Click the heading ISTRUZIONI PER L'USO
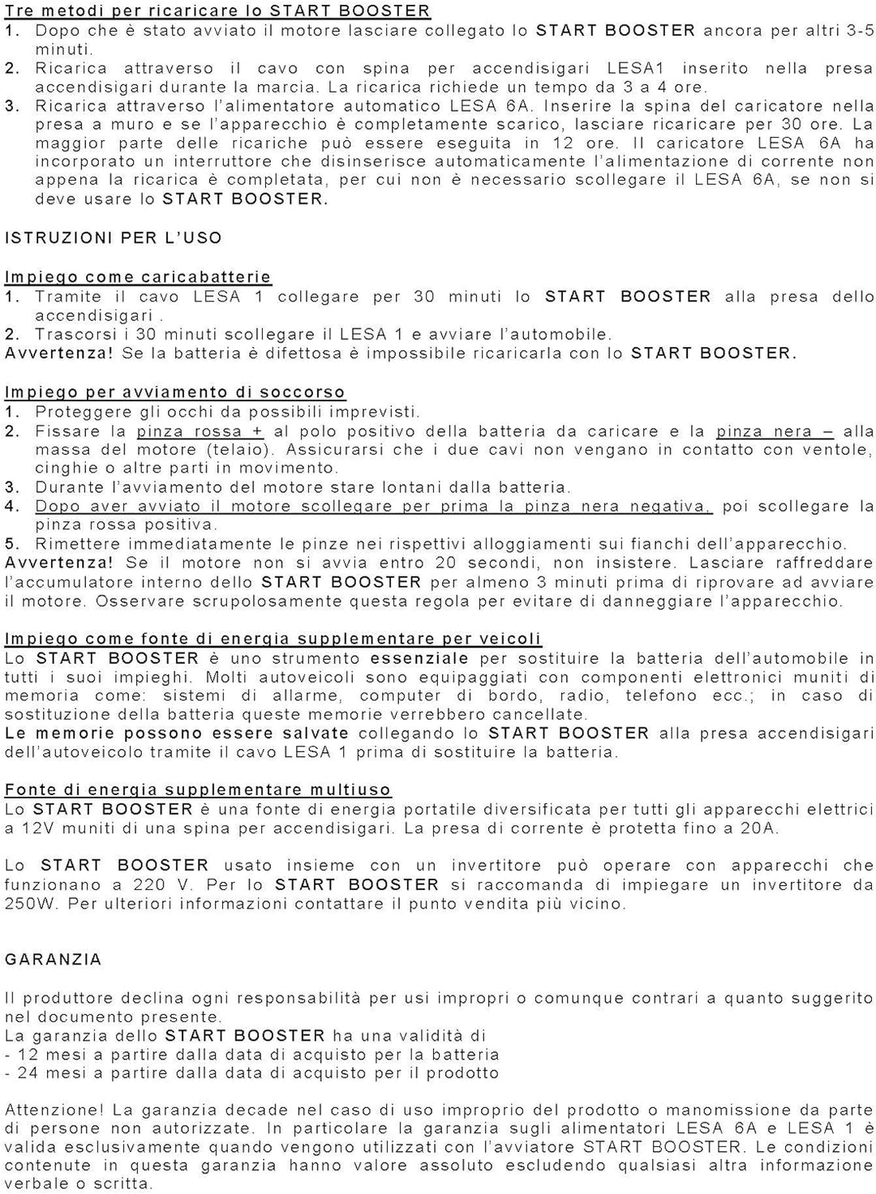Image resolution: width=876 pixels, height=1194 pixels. tap(114, 238)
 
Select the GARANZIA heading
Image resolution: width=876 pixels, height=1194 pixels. tap(54, 960)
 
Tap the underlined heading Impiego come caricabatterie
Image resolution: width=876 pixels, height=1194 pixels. tap(138, 277)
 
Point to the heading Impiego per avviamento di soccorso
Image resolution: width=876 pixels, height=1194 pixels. tap(175, 392)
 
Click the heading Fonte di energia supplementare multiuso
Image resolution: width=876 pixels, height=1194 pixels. tap(198, 790)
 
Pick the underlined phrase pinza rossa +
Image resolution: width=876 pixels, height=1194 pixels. tap(200, 431)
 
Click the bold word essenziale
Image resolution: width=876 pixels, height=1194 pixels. tap(419, 658)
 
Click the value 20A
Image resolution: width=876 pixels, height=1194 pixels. tap(761, 828)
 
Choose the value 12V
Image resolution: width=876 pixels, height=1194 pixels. tap(36, 828)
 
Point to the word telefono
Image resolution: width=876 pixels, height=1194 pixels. tap(661, 695)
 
